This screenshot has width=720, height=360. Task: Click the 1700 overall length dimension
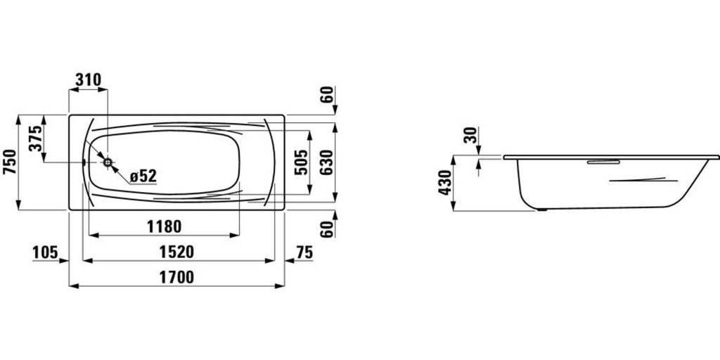click(x=176, y=277)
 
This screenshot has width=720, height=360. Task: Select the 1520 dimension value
click(x=176, y=252)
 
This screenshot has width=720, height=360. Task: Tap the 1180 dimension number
click(x=165, y=226)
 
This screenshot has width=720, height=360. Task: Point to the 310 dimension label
click(x=88, y=79)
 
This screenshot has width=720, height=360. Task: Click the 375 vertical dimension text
click(x=35, y=139)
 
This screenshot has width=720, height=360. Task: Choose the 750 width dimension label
click(x=9, y=162)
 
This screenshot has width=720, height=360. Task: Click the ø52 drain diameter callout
click(x=143, y=175)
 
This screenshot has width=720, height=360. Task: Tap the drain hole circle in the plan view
click(x=108, y=162)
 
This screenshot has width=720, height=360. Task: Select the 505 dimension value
click(x=301, y=162)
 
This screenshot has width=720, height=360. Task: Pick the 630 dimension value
click(x=326, y=162)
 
